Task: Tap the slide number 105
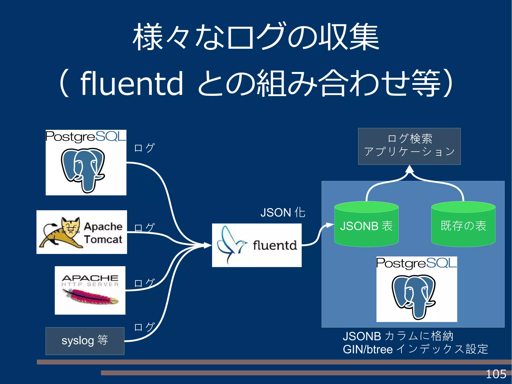[x=496, y=374]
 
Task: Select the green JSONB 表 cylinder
[x=366, y=225]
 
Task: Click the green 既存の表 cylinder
[x=463, y=225]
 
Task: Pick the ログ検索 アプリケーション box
[x=409, y=146]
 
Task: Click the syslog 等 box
[x=85, y=341]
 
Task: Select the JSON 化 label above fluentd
[x=283, y=213]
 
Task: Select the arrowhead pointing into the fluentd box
[x=207, y=245]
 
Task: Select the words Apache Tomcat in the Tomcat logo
[x=103, y=233]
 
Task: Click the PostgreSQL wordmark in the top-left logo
[x=86, y=137]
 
